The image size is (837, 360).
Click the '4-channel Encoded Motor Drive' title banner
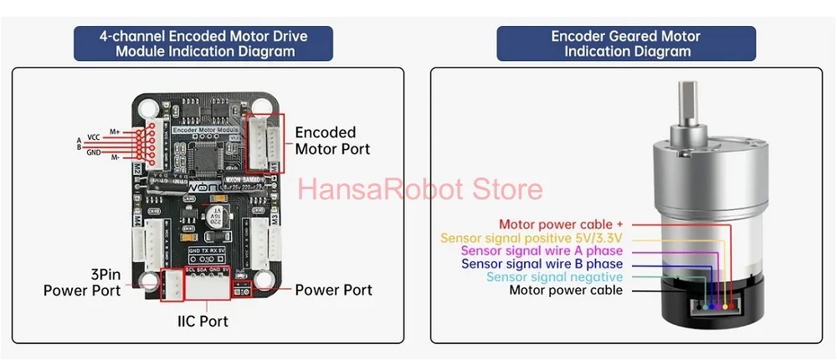(203, 44)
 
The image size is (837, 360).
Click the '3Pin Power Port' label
(82, 282)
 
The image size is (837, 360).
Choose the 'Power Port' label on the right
(333, 290)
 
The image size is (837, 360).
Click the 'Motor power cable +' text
(561, 224)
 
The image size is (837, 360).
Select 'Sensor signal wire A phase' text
(542, 251)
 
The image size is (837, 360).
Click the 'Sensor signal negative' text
(554, 277)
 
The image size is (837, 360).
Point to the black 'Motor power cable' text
(566, 291)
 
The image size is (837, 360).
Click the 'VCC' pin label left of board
(95, 136)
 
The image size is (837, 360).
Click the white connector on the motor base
(711, 307)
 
